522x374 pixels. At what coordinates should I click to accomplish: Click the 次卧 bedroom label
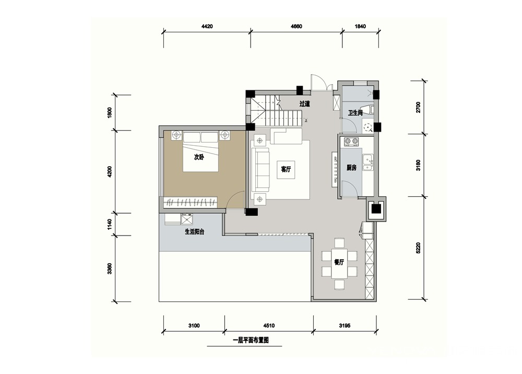199,157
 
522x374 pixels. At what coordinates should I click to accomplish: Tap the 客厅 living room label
286,169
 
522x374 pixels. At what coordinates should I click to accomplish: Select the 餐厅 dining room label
339,262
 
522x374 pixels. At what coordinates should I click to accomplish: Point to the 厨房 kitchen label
351,168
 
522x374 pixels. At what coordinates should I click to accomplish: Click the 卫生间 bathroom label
355,113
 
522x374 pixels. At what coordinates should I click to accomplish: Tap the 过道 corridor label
304,104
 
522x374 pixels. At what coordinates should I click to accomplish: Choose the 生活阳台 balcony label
194,232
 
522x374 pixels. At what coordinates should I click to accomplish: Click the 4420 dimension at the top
207,26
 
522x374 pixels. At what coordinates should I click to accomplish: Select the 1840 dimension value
360,26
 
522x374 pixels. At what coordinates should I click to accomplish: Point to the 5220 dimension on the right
419,248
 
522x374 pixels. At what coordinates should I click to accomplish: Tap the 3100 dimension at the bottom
194,325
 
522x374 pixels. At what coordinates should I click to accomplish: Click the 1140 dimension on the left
110,224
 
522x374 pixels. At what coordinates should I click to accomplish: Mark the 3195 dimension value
345,325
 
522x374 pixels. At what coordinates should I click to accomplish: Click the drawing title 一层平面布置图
251,341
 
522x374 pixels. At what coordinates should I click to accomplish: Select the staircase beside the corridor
277,112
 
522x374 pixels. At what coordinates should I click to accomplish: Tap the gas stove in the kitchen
351,142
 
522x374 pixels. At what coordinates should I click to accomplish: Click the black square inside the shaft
376,209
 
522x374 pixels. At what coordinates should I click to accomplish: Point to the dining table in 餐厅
339,263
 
